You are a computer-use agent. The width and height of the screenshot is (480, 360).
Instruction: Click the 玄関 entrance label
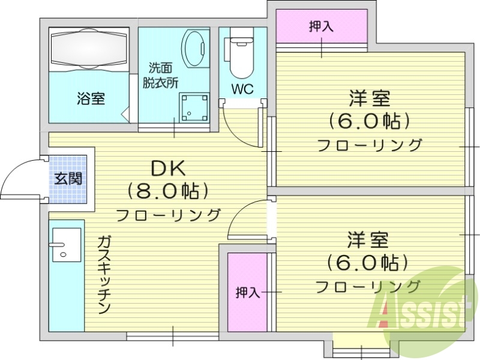point(68,178)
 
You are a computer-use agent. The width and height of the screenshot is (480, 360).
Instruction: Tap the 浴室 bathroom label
point(91,98)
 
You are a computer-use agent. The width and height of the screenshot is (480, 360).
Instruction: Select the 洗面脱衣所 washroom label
point(160,76)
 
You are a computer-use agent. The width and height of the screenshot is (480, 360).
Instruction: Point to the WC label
point(242,89)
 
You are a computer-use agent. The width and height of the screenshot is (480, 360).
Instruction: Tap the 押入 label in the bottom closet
point(247,292)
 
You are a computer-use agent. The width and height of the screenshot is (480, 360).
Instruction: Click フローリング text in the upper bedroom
point(369,145)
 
